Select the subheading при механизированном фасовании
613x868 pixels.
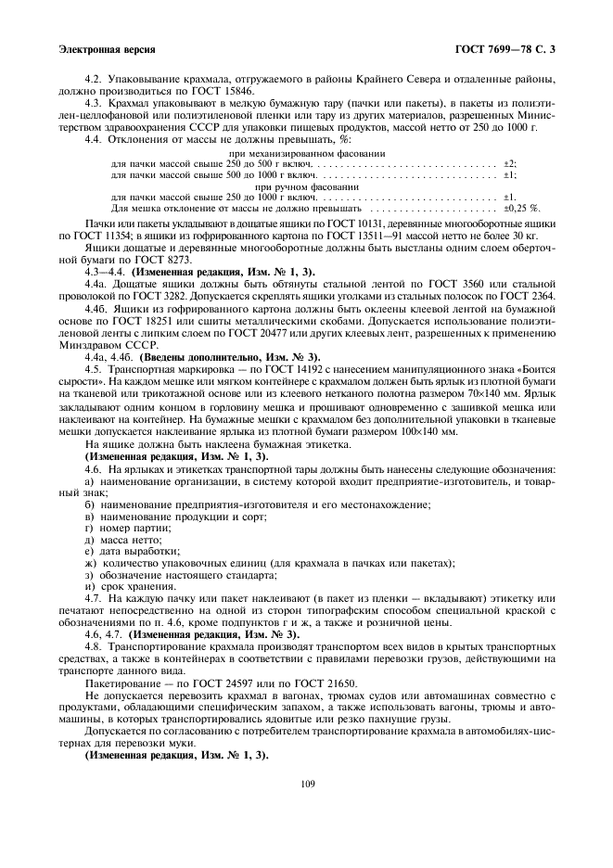tap(306, 152)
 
